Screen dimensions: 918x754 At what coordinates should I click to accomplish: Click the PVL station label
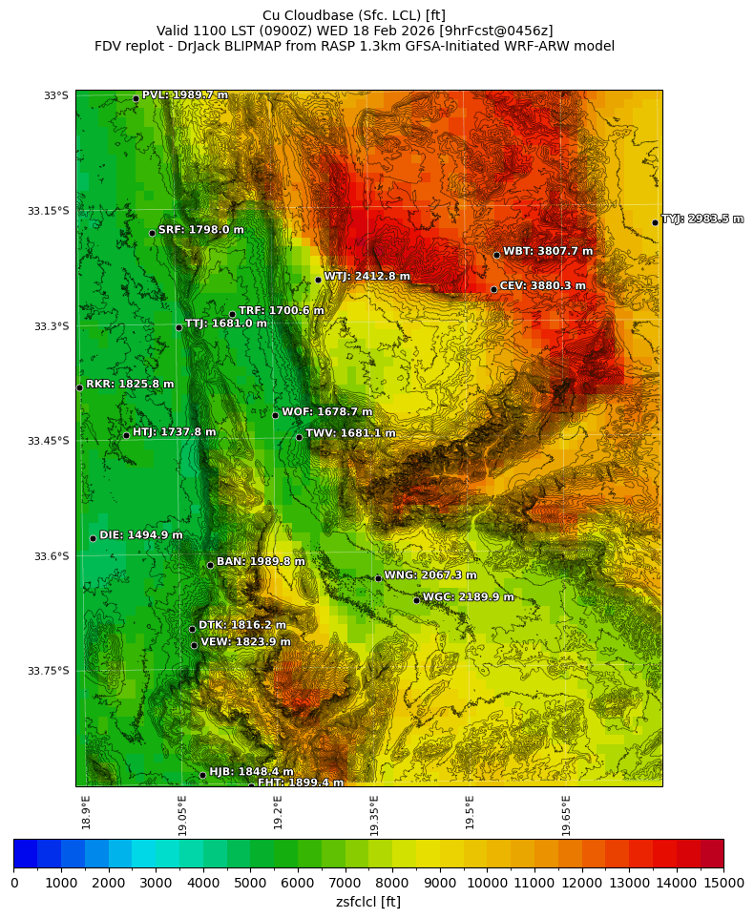184,95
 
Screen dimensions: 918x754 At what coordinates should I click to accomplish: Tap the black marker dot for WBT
496,255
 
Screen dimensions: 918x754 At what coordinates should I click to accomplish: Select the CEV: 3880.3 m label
542,286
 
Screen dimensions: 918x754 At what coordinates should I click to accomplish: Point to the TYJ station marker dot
655,222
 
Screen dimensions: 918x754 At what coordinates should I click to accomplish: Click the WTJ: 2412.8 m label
367,277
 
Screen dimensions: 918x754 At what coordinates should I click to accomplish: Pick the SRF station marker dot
152,233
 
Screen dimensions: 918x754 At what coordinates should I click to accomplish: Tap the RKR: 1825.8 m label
130,385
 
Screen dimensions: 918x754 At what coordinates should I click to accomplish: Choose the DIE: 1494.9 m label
140,535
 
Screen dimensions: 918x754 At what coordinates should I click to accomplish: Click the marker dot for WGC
416,600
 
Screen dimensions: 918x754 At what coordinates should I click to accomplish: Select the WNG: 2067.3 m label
429,575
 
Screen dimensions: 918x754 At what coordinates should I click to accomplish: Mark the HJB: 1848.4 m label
251,772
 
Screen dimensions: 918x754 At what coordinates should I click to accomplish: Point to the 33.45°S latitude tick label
48,441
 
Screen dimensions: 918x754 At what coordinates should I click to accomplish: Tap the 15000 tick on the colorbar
723,883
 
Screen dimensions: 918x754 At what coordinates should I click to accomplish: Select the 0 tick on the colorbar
14,883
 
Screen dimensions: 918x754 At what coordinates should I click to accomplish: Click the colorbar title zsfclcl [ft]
368,902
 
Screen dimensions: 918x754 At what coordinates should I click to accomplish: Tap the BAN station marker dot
210,565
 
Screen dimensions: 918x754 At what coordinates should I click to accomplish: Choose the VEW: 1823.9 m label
245,642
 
